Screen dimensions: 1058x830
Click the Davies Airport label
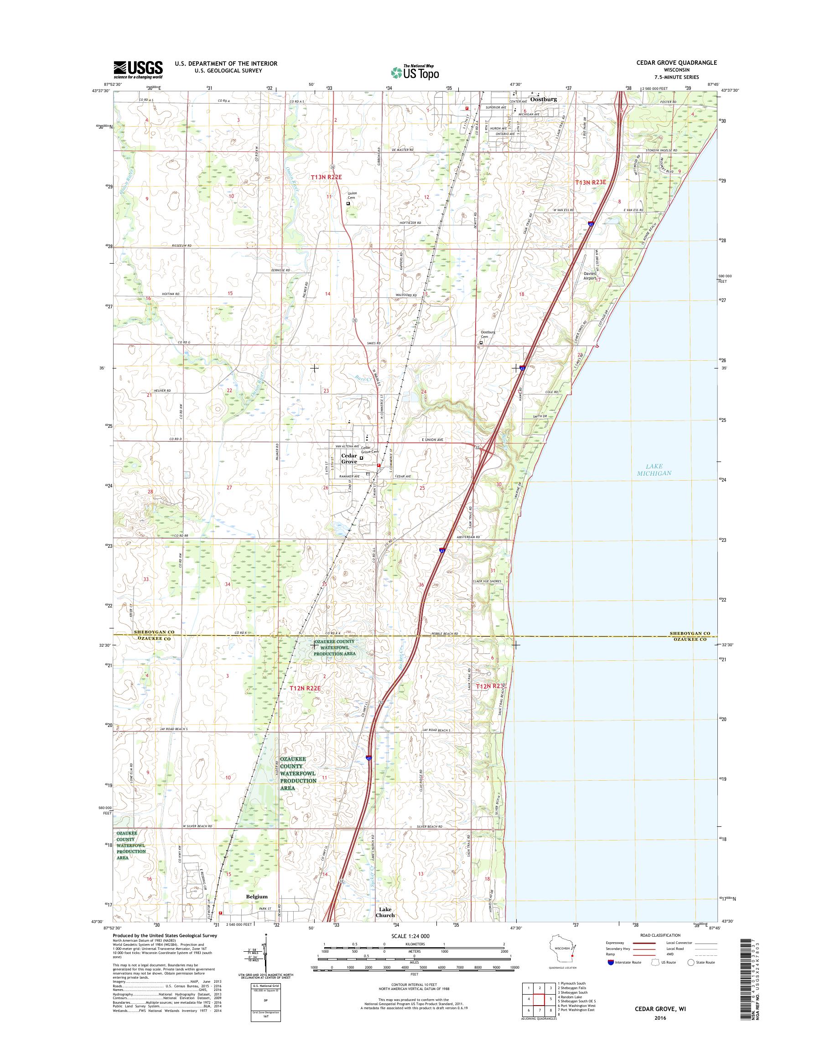point(590,275)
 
